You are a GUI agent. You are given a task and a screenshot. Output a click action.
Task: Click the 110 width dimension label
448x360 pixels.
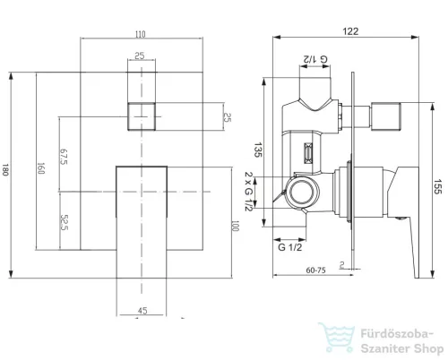tap(141, 34)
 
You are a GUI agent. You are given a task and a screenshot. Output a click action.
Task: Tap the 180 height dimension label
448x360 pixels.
tap(5, 169)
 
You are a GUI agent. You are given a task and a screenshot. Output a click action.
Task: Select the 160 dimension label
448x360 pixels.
tap(41, 168)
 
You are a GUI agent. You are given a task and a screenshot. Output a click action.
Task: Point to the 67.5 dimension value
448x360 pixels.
tap(64, 156)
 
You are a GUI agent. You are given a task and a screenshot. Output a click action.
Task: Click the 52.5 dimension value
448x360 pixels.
tap(65, 222)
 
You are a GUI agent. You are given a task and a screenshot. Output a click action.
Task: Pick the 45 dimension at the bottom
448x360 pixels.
tap(142, 311)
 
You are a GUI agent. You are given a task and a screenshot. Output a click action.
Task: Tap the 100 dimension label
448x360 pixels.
tap(236, 226)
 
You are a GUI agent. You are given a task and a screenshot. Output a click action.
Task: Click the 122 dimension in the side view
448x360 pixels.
tap(350, 31)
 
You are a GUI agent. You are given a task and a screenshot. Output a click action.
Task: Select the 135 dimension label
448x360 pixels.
tap(258, 150)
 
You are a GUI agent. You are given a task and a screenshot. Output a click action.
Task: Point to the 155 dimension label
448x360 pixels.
tap(437, 186)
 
